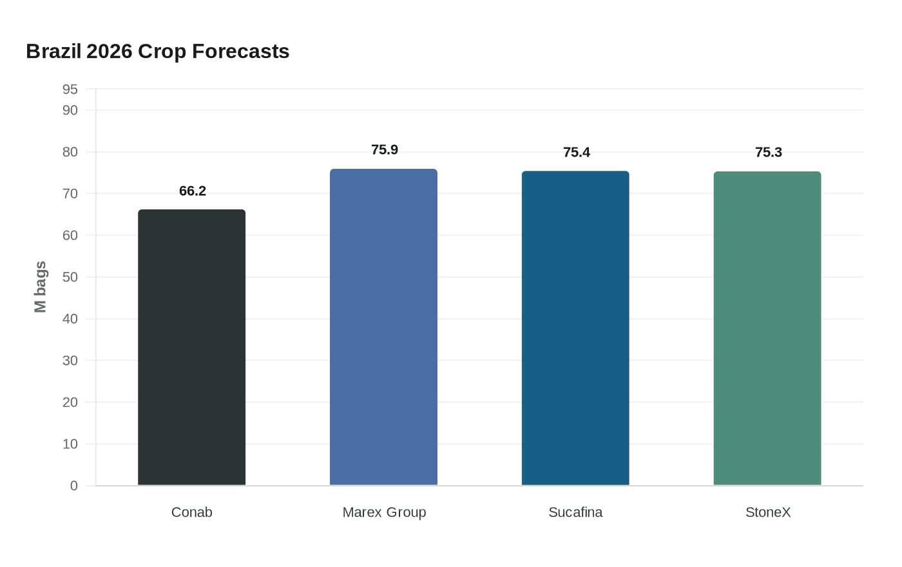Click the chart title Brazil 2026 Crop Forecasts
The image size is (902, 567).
coord(158,52)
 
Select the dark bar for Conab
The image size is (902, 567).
coord(191,348)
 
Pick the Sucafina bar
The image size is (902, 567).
coord(575,329)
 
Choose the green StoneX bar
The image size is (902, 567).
coord(767,329)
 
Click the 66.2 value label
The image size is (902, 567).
coord(193,191)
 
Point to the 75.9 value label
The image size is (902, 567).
coord(385,150)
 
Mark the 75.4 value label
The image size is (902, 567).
coord(577,153)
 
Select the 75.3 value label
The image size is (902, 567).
coord(769,153)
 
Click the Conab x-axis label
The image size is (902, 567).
coord(191,512)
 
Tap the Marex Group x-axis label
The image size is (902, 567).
coord(384,512)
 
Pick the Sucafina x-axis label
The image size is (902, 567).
coord(575,512)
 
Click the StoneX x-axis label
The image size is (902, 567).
coord(768,512)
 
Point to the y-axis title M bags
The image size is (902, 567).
coord(41,287)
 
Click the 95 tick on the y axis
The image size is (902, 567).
coord(70,90)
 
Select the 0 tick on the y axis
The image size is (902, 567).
coord(74,486)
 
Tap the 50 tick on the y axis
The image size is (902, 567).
coord(70,278)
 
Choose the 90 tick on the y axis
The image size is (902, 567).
coord(70,111)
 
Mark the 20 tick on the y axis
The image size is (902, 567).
coord(70,403)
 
